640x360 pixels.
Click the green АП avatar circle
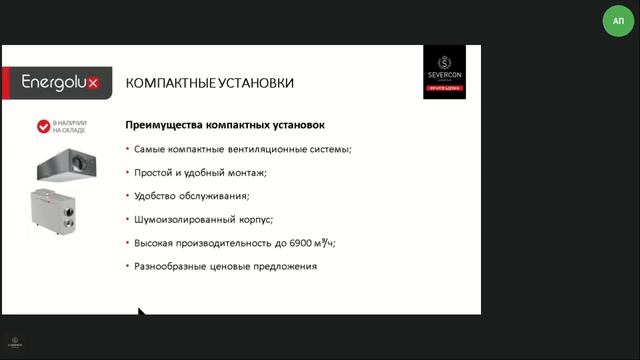(x=617, y=21)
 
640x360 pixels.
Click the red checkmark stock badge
(x=44, y=127)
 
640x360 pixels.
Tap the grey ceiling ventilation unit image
(x=66, y=163)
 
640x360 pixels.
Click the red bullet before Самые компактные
(x=127, y=149)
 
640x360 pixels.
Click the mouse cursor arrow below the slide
(x=142, y=314)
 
